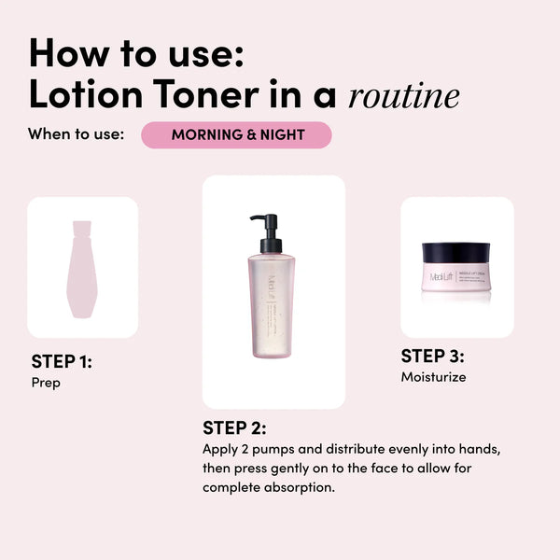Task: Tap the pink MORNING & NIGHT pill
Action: point(237,134)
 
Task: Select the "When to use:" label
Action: point(76,134)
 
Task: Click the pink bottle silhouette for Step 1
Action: point(81,268)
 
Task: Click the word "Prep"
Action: point(46,383)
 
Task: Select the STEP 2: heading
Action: point(234,428)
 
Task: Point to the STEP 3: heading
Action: point(432,356)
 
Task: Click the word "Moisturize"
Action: point(433,377)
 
